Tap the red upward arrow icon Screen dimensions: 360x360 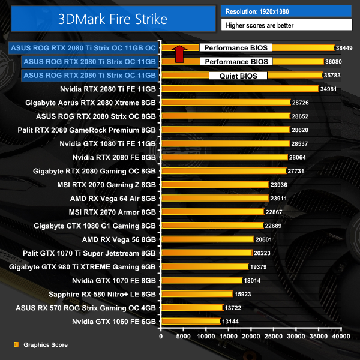pos(178,54)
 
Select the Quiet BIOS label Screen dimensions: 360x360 pos(238,76)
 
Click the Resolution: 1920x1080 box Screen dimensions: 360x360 pos(286,11)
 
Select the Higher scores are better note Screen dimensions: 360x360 pos(286,25)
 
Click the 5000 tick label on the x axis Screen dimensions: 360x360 pos(184,337)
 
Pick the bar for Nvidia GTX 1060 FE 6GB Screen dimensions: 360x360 pos(190,322)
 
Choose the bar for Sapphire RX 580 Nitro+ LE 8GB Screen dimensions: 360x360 pos(196,294)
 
